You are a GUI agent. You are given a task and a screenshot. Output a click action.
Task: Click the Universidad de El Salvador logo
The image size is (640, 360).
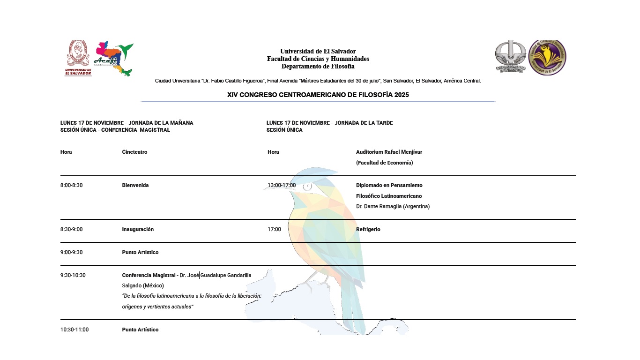[78, 58]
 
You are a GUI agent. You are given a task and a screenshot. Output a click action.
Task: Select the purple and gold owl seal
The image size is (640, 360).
[547, 58]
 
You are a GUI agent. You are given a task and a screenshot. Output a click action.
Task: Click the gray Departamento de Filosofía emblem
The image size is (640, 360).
[511, 57]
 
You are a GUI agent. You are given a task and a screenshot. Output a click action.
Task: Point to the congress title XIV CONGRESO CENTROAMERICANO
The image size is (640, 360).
[318, 95]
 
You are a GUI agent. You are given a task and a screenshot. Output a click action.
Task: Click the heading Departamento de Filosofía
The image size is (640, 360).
[318, 66]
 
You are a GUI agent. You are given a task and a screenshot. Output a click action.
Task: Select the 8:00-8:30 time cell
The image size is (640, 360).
[71, 185]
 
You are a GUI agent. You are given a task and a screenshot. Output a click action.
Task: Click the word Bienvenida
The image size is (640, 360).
[135, 185]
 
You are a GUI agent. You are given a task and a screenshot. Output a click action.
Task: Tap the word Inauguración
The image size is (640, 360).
[138, 229]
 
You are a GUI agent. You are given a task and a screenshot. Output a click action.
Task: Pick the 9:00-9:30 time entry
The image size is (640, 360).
[71, 252]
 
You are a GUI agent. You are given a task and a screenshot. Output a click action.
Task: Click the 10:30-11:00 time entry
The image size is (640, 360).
[74, 330]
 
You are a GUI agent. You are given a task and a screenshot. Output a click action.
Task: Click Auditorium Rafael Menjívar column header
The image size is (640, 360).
[389, 152]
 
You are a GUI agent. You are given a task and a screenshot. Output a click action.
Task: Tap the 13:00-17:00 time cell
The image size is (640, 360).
[282, 185]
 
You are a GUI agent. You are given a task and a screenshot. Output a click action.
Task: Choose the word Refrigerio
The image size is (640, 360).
[368, 229]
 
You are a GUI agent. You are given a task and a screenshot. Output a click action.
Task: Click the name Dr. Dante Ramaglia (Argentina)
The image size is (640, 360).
[393, 206]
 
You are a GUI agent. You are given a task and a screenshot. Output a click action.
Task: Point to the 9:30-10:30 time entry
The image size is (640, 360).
[73, 275]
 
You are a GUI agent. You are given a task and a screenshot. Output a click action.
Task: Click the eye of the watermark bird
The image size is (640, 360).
[307, 187]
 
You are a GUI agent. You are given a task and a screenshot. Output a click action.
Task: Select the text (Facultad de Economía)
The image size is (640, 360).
[384, 163]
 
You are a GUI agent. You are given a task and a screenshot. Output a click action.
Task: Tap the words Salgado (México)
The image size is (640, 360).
[143, 285]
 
